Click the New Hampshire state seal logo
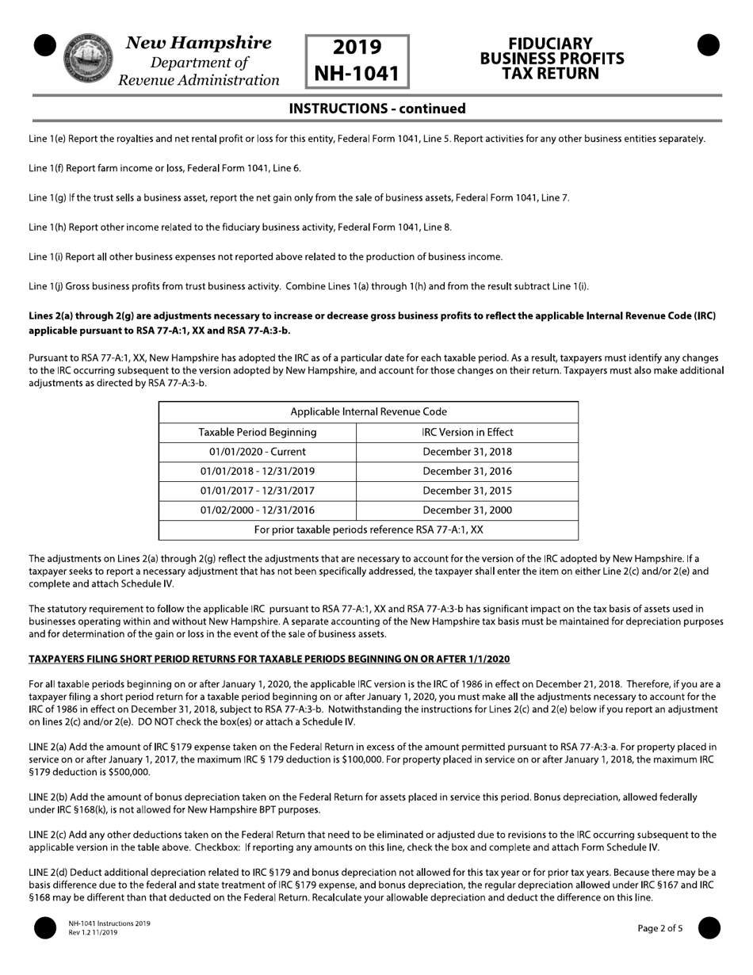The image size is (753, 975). [87, 59]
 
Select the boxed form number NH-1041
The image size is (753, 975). [357, 74]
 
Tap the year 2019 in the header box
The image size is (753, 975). [357, 48]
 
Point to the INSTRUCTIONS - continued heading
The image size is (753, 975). [376, 109]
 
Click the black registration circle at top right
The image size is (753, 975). [708, 46]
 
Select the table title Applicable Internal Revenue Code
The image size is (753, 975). [369, 412]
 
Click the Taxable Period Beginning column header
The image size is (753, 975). [258, 432]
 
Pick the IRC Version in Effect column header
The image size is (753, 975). [468, 432]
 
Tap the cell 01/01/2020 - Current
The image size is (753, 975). [258, 452]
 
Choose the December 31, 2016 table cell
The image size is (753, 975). [468, 471]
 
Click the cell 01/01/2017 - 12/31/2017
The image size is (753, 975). [258, 491]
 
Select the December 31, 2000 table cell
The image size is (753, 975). [468, 510]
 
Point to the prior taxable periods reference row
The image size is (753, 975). [369, 530]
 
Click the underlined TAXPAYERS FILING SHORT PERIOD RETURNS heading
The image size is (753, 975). [269, 659]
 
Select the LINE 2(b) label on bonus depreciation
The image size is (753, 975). [48, 797]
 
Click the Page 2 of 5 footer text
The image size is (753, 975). [659, 928]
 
